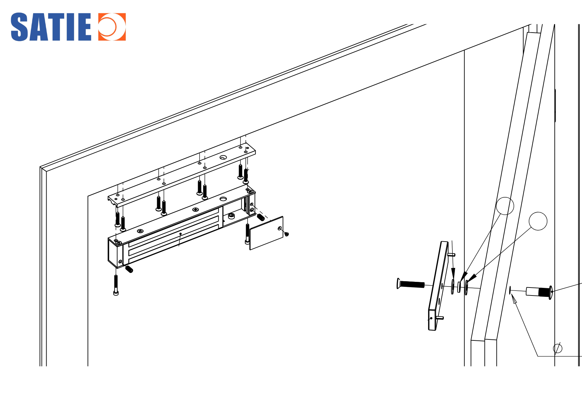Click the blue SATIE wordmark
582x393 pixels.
pos(51,27)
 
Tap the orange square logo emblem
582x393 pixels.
pos(112,27)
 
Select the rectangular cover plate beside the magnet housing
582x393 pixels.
pos(266,233)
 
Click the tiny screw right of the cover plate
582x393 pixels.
pos(287,234)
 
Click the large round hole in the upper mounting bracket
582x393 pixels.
pos(223,157)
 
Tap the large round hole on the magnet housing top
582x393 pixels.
pos(223,199)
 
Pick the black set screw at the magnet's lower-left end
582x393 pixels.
pos(129,269)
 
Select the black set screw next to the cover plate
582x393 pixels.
pos(261,217)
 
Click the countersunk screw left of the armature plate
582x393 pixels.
pos(411,284)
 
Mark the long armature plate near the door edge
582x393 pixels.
pos(438,286)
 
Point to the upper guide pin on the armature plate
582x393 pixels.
pos(451,255)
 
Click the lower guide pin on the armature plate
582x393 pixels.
pos(440,318)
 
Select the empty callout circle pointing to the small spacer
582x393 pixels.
pos(505,206)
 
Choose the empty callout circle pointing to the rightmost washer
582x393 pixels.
pos(538,221)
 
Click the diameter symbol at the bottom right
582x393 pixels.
pos(558,348)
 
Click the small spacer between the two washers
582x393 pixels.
pos(459,287)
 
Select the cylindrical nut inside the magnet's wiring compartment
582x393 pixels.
pos(231,216)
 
